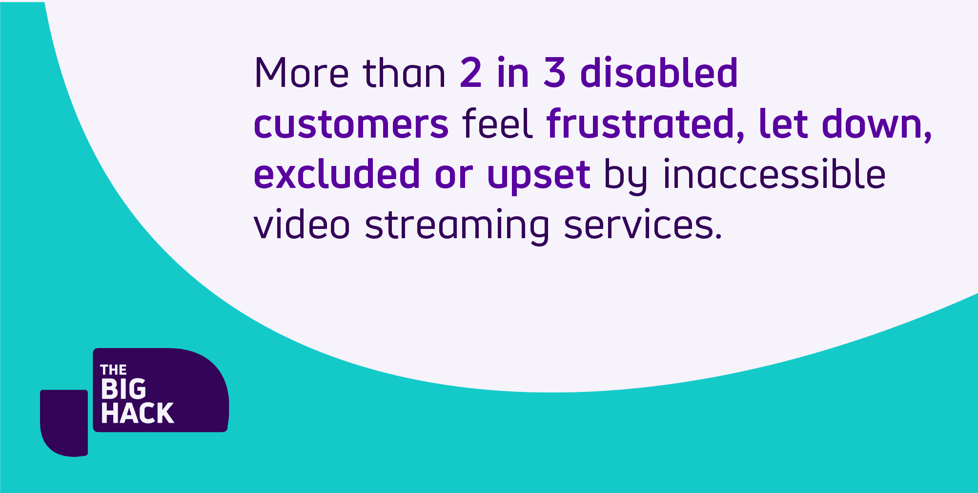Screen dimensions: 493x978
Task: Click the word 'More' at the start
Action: coord(301,73)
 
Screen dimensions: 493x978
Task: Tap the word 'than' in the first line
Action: coord(404,73)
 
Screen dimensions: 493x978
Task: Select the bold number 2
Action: coord(471,73)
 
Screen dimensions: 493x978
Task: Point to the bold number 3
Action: coord(554,73)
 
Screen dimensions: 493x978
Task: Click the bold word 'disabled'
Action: coord(659,73)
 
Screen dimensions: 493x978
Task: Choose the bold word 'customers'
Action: coord(351,124)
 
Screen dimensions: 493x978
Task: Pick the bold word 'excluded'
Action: coord(337,174)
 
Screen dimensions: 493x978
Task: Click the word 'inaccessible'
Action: coord(774,174)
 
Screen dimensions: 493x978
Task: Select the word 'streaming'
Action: coord(457,226)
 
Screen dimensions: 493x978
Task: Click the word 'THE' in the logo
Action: coord(113,370)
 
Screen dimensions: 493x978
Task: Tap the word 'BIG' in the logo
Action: coord(123,390)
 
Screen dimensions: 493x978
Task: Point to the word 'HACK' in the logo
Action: coord(137,413)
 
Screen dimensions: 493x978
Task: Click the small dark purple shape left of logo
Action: coord(64,422)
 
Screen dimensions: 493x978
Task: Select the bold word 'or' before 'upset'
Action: coord(453,175)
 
